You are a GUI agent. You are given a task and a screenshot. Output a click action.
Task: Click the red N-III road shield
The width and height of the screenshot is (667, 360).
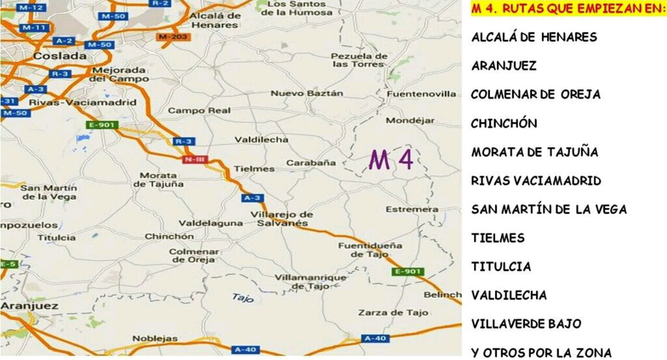194,159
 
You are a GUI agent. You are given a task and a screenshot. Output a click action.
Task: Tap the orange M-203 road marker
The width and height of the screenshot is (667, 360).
173,36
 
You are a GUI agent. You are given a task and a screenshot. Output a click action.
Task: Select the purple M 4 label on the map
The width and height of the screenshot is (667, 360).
391,160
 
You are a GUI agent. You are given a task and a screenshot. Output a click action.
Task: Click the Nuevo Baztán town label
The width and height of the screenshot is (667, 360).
306,93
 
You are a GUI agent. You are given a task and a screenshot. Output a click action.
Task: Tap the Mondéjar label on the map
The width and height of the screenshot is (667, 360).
410,120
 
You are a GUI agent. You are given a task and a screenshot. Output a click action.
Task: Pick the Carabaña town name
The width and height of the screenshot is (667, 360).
311,163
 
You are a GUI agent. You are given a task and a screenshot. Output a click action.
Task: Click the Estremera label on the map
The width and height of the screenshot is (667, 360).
412,209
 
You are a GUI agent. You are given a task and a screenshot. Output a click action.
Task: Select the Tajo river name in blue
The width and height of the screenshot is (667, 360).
242,298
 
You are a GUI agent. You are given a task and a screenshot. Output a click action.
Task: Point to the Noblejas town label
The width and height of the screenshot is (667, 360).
155,338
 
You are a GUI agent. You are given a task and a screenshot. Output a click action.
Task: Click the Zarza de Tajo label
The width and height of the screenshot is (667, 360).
393,313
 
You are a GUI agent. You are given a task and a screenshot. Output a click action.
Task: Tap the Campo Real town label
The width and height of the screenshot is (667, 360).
199,110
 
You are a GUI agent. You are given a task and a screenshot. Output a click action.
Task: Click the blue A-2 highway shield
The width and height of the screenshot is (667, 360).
64,41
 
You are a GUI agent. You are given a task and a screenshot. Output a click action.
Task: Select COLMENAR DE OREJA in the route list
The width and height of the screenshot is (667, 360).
535,94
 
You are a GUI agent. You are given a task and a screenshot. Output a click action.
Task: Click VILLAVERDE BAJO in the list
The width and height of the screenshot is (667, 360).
526,324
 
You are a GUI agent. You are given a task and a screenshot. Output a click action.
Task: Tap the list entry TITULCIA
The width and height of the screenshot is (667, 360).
501,266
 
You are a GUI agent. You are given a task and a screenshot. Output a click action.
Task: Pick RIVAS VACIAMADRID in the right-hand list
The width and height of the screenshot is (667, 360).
536,181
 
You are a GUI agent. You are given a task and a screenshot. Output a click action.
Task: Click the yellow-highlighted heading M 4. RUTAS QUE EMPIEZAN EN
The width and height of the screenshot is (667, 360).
568,9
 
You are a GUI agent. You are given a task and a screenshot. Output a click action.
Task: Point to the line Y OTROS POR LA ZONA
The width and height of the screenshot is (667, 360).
541,353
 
